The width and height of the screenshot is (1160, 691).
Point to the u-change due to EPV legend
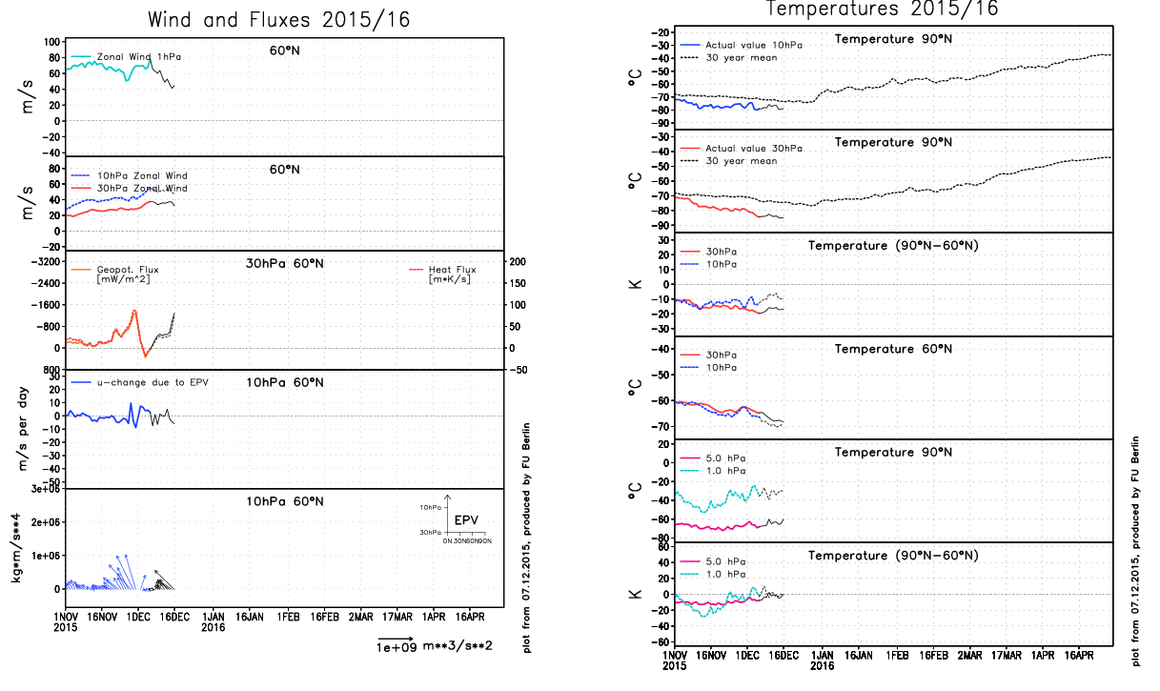click(x=153, y=382)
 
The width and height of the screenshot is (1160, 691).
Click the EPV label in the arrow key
click(x=466, y=519)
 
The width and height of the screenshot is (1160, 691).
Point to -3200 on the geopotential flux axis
click(x=43, y=261)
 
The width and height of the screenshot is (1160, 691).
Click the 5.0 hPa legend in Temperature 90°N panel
click(x=726, y=457)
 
